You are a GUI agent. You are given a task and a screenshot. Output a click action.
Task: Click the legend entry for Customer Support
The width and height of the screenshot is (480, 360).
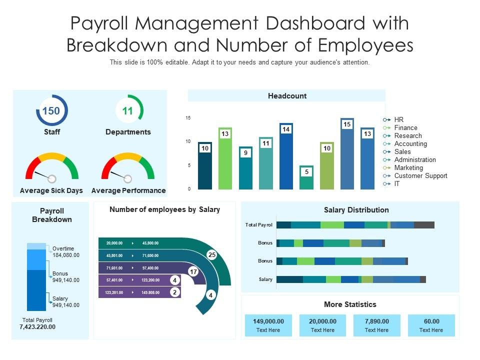(420, 175)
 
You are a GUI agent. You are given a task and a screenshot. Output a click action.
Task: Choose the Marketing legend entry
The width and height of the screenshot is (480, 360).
(408, 167)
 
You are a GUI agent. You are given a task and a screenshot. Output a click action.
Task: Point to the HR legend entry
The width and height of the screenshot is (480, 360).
(398, 119)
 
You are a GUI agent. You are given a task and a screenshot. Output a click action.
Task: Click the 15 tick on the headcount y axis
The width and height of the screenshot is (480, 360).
(188, 118)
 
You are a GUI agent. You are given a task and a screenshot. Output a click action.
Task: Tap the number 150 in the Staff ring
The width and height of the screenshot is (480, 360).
(51, 110)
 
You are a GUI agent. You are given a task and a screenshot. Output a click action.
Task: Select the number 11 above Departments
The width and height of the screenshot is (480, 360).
(127, 110)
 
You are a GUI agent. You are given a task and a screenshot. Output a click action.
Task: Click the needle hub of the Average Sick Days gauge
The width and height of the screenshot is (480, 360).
(52, 178)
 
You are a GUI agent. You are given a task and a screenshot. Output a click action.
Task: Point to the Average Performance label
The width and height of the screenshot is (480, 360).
(128, 190)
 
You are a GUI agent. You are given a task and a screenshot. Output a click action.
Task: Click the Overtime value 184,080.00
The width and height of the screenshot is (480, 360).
(66, 255)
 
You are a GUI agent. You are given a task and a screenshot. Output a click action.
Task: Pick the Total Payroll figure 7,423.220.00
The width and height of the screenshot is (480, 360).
(37, 327)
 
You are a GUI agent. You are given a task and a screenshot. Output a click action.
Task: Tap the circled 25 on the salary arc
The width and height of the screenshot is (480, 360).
(211, 255)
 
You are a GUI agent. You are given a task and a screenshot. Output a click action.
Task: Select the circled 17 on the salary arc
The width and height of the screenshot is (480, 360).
(193, 271)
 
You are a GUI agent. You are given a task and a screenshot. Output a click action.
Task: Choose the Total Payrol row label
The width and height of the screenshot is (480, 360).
(259, 225)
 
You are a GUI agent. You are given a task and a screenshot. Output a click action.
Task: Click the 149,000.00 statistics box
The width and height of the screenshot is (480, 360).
(268, 325)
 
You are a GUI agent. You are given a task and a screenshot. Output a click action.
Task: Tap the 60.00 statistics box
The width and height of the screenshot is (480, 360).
(431, 325)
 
